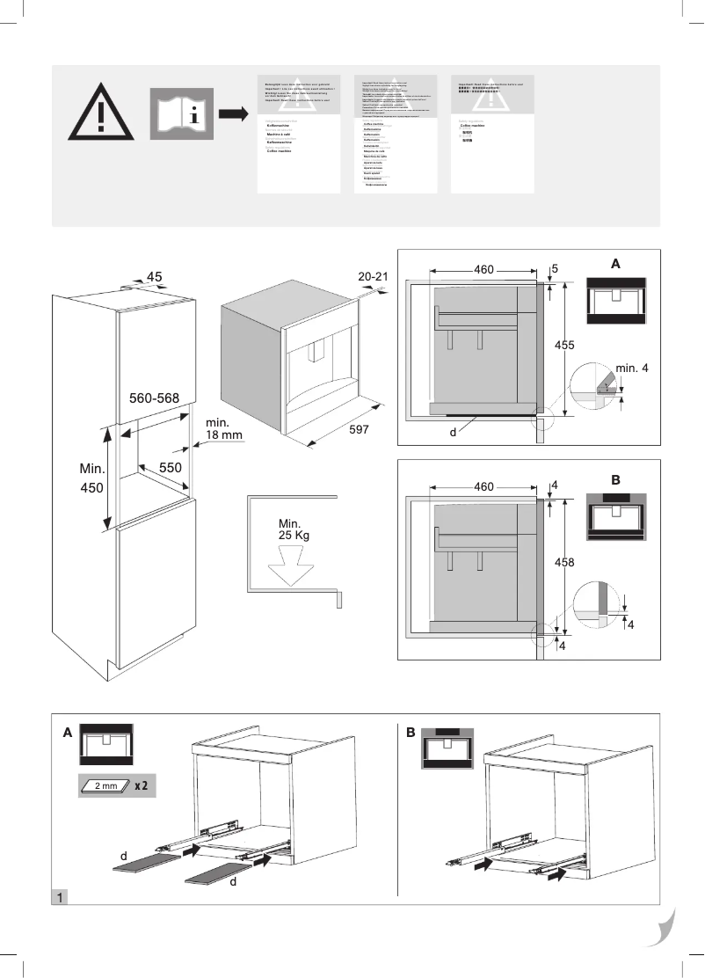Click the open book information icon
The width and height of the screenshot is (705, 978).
coord(181,113)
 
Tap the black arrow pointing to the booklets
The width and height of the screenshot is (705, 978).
coord(233,114)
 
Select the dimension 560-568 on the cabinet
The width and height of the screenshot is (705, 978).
coord(155,398)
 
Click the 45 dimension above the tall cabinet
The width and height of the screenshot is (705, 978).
coord(155,277)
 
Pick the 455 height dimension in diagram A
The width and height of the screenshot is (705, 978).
coord(564,346)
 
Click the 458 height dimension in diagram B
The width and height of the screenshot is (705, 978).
coord(565,561)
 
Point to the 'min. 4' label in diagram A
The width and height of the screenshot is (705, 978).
coord(631,367)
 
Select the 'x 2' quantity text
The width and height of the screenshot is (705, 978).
coord(141,785)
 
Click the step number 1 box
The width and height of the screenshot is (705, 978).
coord(59,898)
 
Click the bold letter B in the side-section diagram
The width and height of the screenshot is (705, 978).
coord(615,480)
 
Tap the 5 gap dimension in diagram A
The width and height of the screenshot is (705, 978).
coord(556,267)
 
